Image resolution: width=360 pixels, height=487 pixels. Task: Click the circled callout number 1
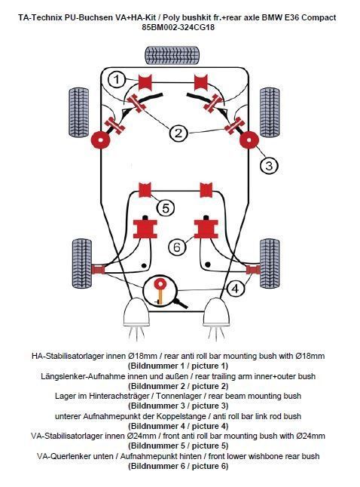(117, 79)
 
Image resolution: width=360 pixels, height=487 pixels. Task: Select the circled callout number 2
(178, 133)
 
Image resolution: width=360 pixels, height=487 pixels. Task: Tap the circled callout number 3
(269, 165)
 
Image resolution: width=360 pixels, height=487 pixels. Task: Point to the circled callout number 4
(236, 289)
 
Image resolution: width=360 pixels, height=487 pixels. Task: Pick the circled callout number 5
(166, 208)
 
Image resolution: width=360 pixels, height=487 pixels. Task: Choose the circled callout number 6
(177, 247)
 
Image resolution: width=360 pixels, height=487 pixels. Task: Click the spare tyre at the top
(172, 55)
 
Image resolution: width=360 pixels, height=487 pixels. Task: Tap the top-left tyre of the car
(79, 112)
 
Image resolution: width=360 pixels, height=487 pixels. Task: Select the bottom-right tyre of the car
(270, 263)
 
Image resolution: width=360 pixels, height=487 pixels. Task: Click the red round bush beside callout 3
(249, 139)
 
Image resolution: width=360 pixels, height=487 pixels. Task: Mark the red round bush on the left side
(100, 139)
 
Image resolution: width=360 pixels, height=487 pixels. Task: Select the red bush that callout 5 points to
(145, 190)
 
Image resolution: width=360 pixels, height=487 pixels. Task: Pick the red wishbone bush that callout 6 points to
(206, 228)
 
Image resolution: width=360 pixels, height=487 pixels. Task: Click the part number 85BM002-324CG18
(178, 27)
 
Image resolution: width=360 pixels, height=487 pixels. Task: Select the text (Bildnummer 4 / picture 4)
(178, 426)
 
